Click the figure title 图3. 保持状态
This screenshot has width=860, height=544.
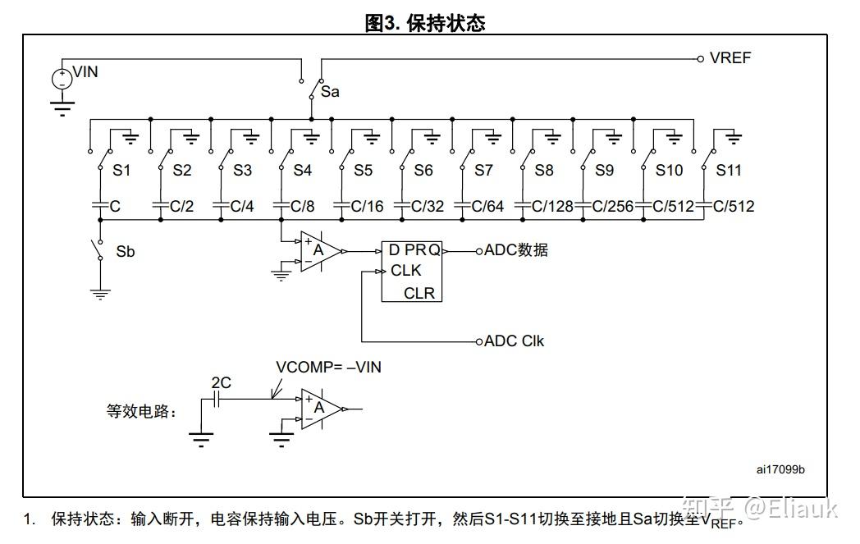coord(424,23)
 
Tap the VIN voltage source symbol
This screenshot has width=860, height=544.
coord(62,79)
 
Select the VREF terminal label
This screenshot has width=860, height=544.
coord(730,58)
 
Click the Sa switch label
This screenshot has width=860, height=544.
coord(330,92)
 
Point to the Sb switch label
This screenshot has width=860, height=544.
coord(125,252)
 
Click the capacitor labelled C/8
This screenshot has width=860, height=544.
coord(281,206)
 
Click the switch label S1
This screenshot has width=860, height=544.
coord(121,171)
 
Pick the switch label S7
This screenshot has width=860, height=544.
coord(483,171)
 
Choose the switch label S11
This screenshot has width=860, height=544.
coord(729,171)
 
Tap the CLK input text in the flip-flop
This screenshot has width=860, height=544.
coord(405,271)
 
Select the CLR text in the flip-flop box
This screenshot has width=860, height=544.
coord(419,293)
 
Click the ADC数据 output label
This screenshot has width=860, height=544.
coord(515,250)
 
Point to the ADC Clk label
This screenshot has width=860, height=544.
coord(514,341)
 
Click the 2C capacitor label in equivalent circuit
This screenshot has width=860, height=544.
coord(221,382)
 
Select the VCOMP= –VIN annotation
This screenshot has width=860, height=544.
coord(328,368)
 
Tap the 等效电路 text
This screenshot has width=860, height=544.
coord(141,412)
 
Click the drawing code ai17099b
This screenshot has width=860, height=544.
coord(780,469)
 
